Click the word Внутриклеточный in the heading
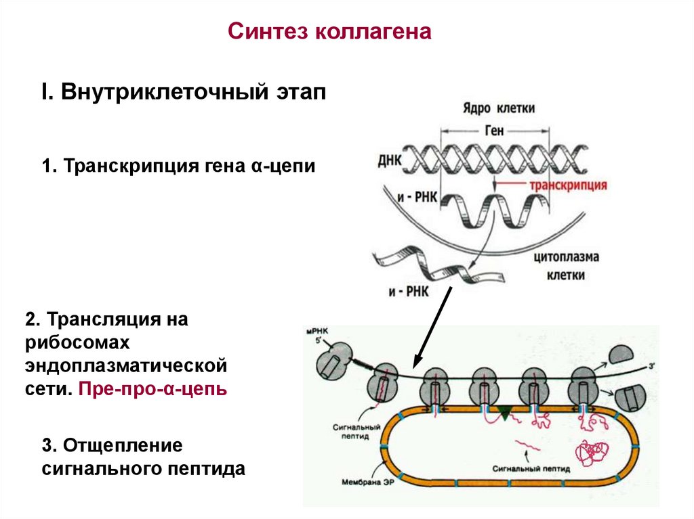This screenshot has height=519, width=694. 163,93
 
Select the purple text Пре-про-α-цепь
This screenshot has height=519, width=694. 152,390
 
